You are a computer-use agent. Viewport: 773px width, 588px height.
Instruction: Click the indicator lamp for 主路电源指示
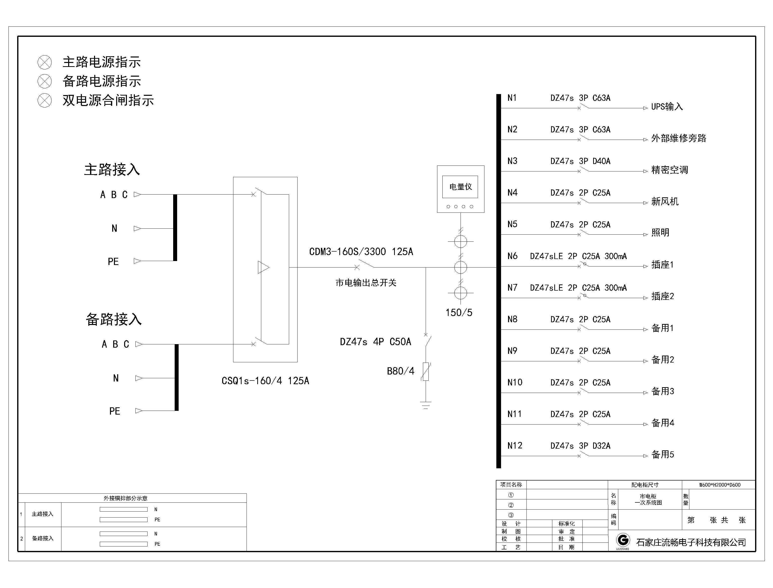(45, 62)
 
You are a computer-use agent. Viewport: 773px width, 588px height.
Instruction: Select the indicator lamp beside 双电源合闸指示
(45, 101)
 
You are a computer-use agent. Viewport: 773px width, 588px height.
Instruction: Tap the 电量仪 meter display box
(460, 187)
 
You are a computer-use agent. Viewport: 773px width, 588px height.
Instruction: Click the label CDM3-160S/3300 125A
(361, 252)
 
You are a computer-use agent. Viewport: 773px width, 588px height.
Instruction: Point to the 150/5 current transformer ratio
(459, 313)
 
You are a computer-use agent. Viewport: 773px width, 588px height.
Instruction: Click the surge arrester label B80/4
(400, 371)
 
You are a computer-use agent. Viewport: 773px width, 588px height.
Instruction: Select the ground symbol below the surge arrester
(425, 405)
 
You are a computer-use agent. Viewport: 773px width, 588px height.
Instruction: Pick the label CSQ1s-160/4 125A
(265, 381)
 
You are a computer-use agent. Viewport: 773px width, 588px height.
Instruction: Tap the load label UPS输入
(667, 107)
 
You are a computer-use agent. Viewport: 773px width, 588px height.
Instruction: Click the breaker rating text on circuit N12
(580, 446)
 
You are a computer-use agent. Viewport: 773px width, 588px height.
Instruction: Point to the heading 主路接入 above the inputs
(112, 170)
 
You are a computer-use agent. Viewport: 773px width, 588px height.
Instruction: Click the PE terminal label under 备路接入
(114, 411)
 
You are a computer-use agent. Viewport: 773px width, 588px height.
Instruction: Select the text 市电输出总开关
(366, 283)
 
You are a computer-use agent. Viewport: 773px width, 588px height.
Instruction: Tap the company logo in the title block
(623, 540)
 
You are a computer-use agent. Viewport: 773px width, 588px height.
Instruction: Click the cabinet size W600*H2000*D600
(720, 485)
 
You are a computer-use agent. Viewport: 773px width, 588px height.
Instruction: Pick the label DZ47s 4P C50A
(375, 342)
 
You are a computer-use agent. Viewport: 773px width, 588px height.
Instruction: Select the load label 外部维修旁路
(678, 138)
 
